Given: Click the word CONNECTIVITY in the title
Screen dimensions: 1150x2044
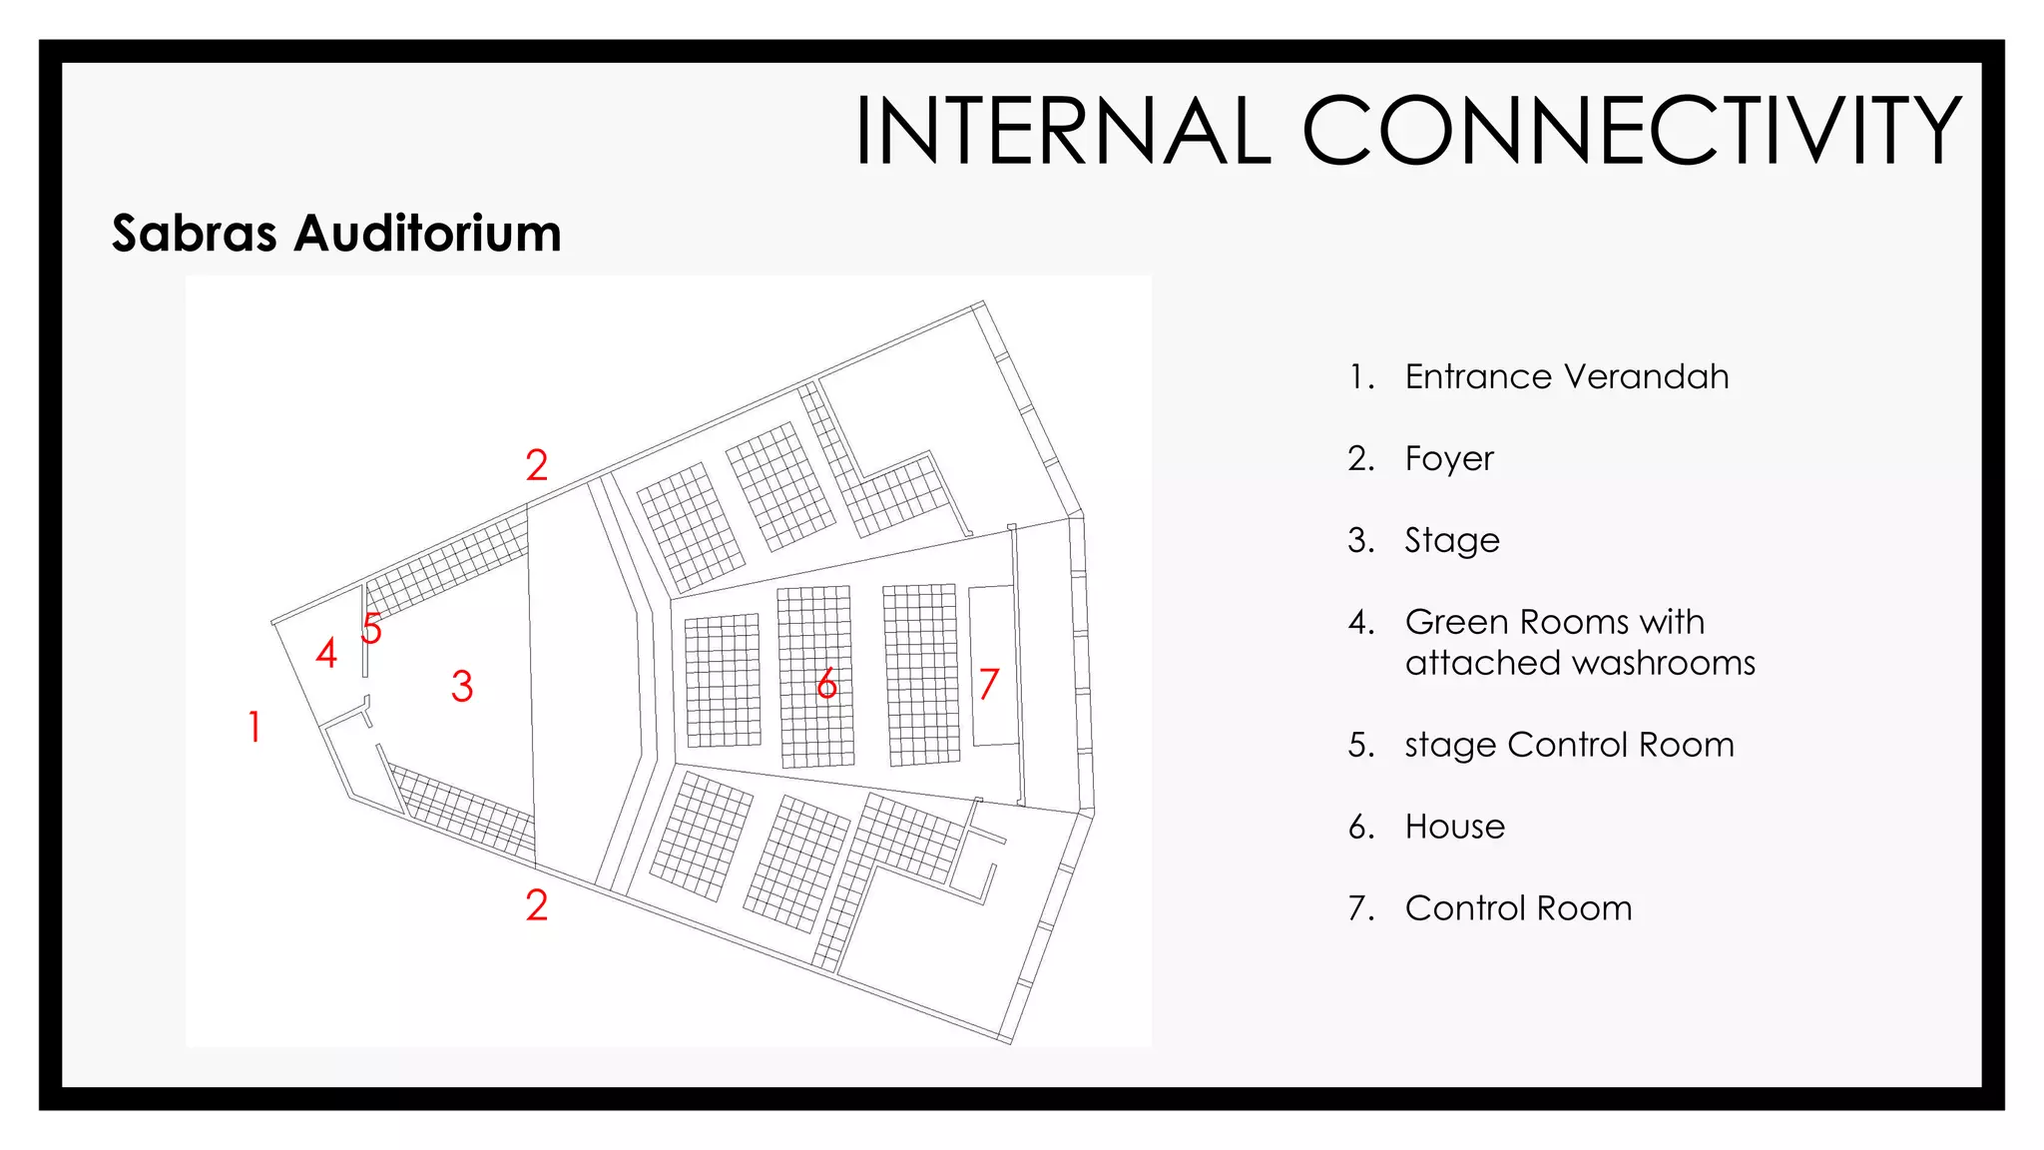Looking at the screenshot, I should coord(1632,131).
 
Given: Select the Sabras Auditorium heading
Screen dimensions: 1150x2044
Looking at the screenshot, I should coord(336,234).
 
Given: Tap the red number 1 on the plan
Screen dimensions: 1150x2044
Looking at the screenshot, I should coord(255,726).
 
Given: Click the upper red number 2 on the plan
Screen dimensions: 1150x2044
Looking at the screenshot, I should coord(537,465).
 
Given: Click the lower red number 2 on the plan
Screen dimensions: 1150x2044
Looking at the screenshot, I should coord(537,905).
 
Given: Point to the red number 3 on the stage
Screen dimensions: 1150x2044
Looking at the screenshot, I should coord(461,686).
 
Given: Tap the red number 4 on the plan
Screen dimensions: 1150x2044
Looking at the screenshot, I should coord(326,653).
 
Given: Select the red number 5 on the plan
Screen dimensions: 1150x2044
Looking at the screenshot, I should coord(371,629).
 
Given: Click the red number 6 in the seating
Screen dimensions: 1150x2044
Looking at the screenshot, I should coord(826,684).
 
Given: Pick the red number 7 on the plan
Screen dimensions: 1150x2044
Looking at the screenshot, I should coord(988,684).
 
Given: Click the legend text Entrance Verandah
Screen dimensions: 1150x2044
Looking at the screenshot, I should coord(1566,376).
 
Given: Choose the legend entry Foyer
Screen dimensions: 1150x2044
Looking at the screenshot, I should coord(1449,458).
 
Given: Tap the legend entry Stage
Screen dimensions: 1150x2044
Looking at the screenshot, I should coord(1452,540).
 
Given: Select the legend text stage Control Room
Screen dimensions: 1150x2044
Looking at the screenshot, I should coord(1569,745).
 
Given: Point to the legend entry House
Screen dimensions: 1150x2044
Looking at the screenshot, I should coord(1454,827).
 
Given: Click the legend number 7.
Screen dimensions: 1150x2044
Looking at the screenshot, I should coord(1359,908).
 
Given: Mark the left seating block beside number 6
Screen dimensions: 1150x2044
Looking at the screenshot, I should coord(723,681).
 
